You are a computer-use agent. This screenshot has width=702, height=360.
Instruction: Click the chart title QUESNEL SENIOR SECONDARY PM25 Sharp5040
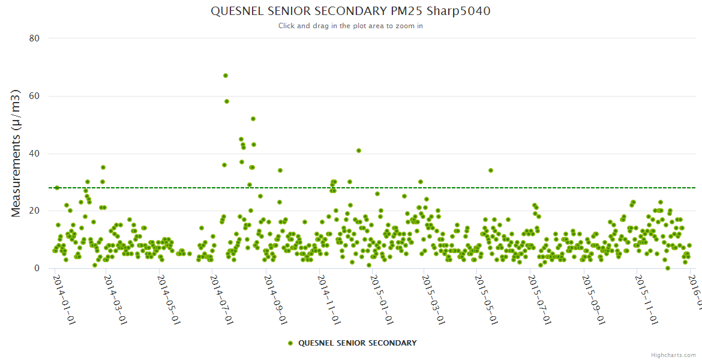350,11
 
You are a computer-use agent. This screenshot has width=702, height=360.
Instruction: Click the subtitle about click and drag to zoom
350,26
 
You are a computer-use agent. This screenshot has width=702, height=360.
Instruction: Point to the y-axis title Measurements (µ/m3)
16,153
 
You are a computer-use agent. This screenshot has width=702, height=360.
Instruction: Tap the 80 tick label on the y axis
34,38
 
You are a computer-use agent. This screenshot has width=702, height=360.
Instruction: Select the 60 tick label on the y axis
34,96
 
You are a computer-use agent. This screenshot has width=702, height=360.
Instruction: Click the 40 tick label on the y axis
34,154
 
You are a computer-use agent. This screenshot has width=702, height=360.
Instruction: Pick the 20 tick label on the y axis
34,211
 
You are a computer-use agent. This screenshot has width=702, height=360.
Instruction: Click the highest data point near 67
226,76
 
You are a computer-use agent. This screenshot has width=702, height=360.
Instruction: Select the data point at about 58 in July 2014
227,101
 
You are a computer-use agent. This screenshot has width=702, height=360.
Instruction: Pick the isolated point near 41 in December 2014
359,151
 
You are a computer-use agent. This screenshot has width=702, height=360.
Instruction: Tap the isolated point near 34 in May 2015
491,170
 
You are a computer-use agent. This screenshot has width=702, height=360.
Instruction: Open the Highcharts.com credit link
673,355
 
